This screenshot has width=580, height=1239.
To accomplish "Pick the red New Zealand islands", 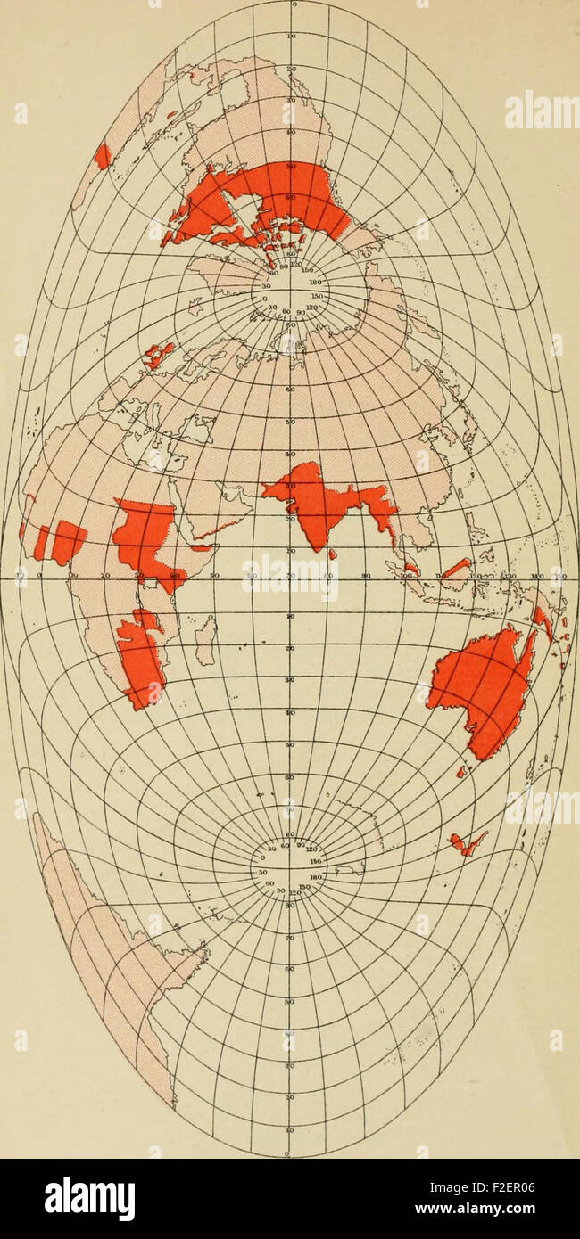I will coord(468,842).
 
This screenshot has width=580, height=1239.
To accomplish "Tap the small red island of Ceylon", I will coord(333,554).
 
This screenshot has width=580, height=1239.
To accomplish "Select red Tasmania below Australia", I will coord(461,772).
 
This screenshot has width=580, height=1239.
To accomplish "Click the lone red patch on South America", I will coord(103,156).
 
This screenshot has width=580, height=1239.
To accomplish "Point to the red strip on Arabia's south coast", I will coord(214,529).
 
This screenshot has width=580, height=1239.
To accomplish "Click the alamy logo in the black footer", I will coord(89,1198).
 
